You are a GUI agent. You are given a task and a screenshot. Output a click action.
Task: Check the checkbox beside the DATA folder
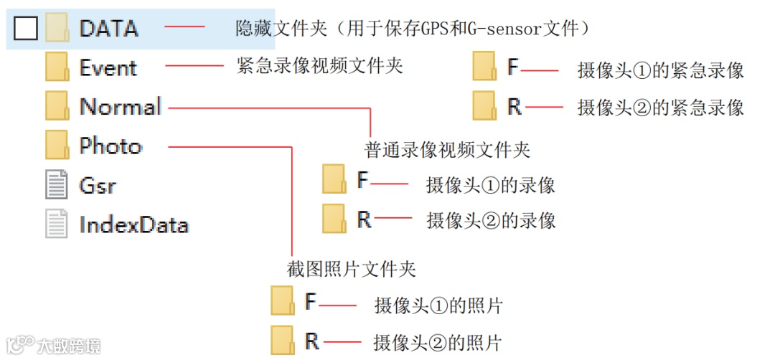point(26,29)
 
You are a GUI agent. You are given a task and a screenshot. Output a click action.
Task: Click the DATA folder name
point(108,29)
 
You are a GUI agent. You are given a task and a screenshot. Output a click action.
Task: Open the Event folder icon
point(57,67)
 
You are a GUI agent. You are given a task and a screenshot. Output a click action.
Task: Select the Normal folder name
point(121,107)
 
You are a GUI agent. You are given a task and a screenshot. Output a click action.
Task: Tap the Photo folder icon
point(57,146)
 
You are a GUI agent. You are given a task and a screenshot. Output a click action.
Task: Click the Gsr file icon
point(57,185)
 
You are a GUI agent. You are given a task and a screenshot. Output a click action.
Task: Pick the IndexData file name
point(133,224)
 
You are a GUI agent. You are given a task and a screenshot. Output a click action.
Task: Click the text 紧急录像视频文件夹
point(320,66)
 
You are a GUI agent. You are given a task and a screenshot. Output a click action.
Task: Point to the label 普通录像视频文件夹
point(448,150)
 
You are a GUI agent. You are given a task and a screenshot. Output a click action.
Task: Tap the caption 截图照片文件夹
point(352,269)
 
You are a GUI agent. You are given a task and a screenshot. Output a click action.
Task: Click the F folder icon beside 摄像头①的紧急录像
point(484,67)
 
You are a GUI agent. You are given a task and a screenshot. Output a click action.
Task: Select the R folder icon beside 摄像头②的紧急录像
point(484,107)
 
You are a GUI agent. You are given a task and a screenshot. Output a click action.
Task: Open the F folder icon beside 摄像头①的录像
point(334,180)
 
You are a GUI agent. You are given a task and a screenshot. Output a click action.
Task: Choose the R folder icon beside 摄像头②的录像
point(334,219)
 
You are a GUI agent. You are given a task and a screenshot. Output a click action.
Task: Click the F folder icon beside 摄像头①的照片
point(283,301)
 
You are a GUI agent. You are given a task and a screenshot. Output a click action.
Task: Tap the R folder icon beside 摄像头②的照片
point(283,340)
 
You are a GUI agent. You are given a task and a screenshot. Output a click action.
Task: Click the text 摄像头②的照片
point(437,341)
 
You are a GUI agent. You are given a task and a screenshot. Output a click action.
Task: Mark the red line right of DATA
point(185,27)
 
